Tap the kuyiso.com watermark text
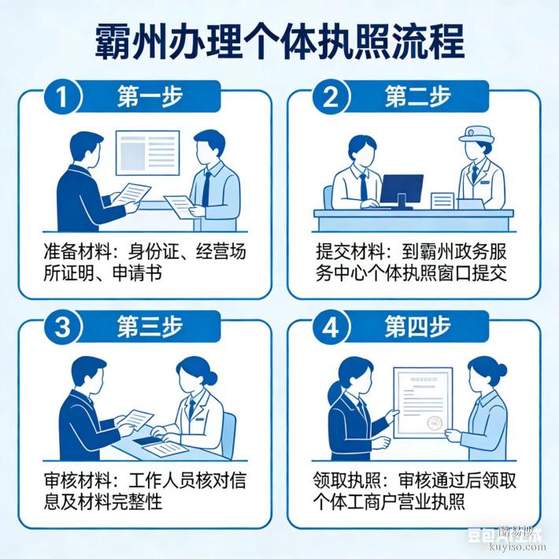point(511,545)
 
